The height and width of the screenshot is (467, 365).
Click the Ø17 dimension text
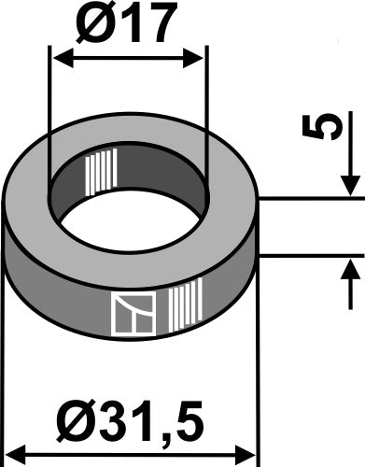pos(126,26)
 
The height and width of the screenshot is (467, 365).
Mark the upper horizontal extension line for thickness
pos(308,197)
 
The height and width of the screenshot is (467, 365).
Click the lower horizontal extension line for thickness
pos(308,253)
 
